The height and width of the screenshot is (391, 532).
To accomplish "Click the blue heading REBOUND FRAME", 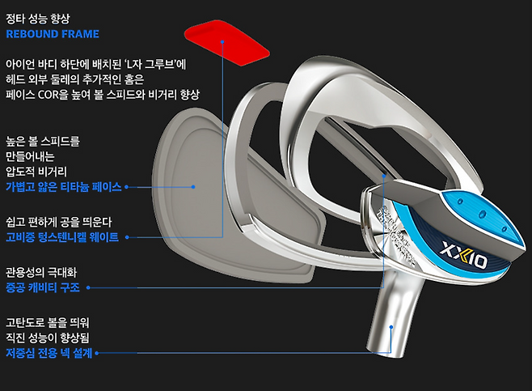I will pyautogui.click(x=52, y=34).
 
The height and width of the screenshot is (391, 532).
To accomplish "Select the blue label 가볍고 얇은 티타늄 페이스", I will pyautogui.click(x=63, y=187).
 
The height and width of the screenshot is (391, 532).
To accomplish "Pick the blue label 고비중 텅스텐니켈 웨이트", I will pyautogui.click(x=62, y=236).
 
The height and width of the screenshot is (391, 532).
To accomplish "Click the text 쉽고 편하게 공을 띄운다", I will pyautogui.click(x=62, y=221).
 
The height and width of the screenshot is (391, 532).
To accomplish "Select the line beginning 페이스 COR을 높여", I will pyautogui.click(x=102, y=95).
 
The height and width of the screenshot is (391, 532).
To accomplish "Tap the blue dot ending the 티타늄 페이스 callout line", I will pyautogui.click(x=194, y=187).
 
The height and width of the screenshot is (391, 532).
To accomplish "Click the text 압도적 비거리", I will pyautogui.click(x=36, y=172).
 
